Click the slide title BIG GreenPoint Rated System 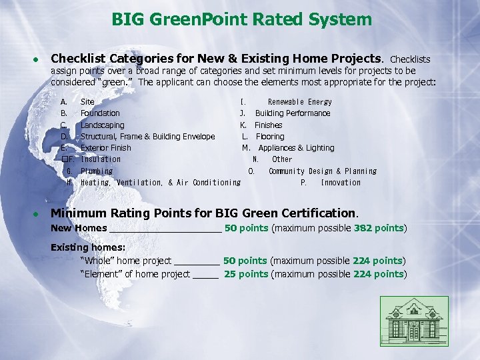pos(241,19)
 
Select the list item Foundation pos(100,113)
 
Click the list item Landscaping pos(102,125)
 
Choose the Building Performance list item pos(293,113)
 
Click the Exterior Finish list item pos(105,148)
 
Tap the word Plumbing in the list pos(97,171)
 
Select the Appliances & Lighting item pos(296,148)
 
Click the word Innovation pos(341,183)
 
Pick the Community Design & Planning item pos(323,171)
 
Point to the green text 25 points pos(246,274)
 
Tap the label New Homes pos(79,228)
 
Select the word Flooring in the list pos(270,137)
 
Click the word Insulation pos(101,159)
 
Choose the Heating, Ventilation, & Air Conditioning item pos(160,183)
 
